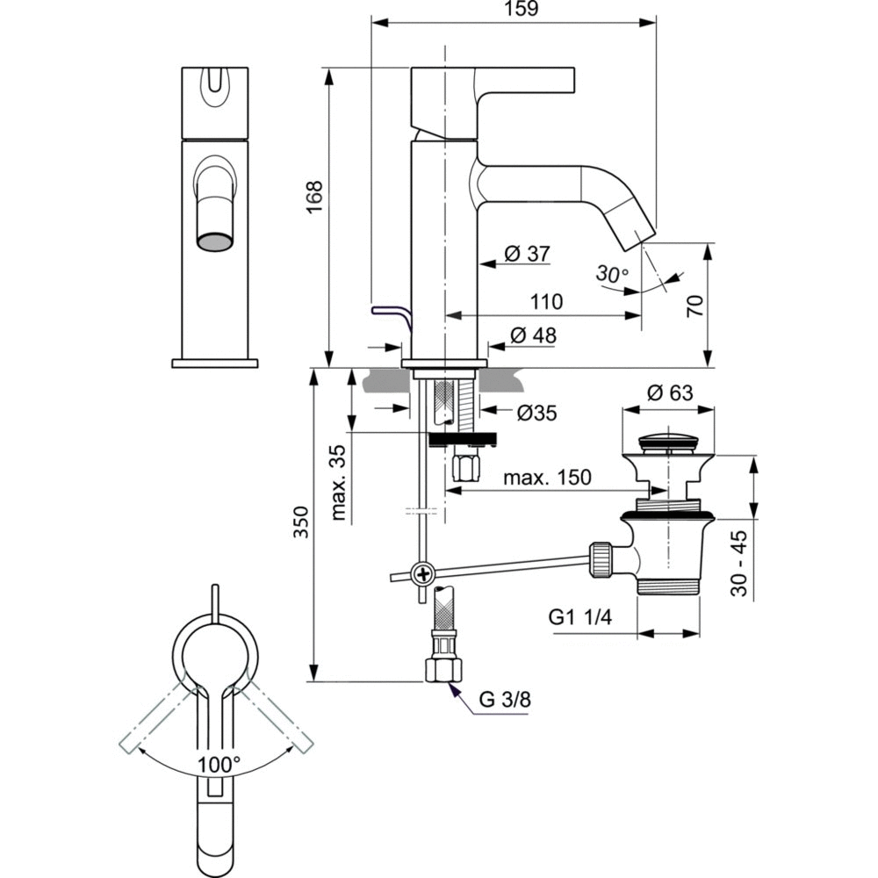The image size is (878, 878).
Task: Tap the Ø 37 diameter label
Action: [x=527, y=254]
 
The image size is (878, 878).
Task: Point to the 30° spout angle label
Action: [x=612, y=274]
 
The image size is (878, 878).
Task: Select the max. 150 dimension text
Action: [x=548, y=478]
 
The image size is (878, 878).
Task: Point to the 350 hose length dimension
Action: [x=301, y=527]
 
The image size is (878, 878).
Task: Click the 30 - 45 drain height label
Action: [x=740, y=563]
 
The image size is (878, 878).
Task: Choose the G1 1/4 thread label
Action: [x=580, y=617]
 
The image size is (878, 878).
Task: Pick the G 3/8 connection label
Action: [x=505, y=700]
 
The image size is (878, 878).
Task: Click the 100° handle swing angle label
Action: [x=219, y=764]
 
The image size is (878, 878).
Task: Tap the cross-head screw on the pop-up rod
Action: [x=423, y=575]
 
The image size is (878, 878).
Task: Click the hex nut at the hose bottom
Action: [x=442, y=670]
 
